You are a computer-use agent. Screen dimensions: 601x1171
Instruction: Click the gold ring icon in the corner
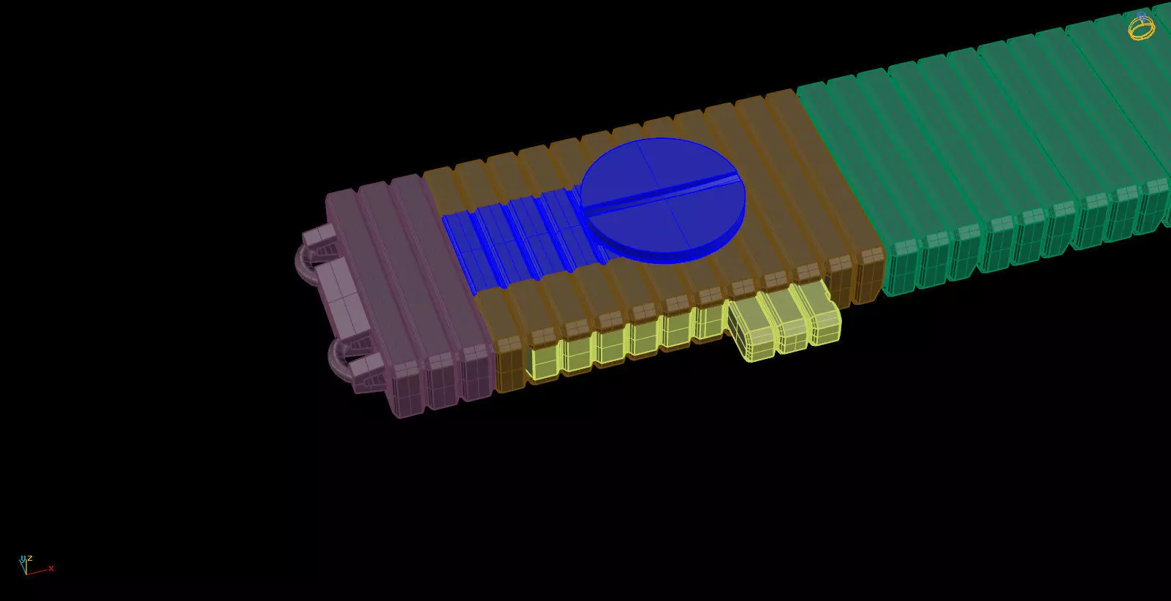click(x=1141, y=28)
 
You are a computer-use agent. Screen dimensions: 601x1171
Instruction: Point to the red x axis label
click(x=51, y=568)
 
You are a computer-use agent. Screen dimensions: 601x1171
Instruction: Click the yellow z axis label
click(x=30, y=559)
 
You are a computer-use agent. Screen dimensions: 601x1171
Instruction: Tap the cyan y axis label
click(x=23, y=559)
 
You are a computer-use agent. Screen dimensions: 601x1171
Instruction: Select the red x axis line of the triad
click(x=38, y=570)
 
